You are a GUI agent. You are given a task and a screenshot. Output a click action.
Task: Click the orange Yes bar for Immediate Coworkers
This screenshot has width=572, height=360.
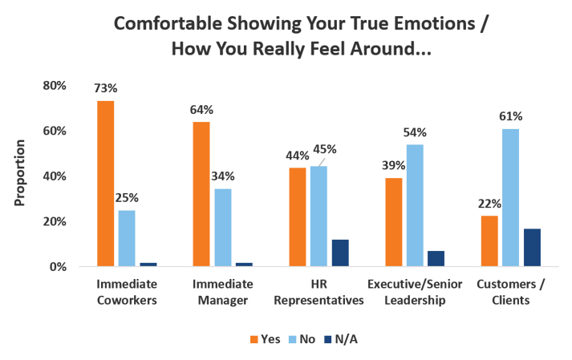105,183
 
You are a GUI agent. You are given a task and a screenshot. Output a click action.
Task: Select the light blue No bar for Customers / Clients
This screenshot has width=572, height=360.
510,197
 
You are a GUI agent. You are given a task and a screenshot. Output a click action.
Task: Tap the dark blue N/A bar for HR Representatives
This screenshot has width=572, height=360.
340,252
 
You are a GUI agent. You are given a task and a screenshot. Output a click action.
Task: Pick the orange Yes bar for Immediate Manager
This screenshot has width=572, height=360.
201,193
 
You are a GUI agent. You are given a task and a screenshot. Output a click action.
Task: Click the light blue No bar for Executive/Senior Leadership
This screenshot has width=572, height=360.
414,204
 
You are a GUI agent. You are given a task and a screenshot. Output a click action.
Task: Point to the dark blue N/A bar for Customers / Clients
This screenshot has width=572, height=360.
532,247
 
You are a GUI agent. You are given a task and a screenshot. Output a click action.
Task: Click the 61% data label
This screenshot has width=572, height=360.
511,116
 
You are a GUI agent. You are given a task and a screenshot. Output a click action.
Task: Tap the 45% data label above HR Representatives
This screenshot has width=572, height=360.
324,149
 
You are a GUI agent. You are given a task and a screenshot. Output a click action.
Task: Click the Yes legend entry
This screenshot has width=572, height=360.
266,339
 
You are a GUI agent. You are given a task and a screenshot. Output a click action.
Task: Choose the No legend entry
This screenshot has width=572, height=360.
305,339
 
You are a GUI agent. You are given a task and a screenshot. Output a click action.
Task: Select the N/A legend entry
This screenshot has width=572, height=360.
343,339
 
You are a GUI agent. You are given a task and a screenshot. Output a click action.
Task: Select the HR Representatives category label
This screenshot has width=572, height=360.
318,293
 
